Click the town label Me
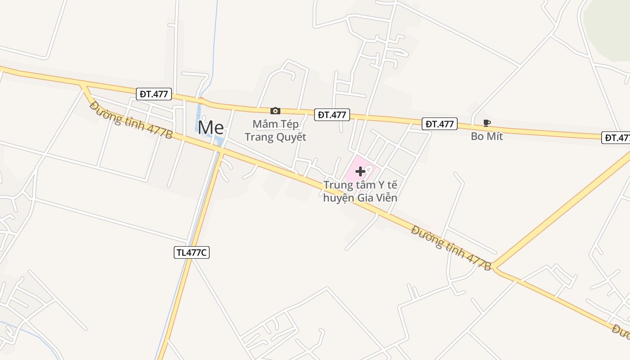[x=211, y=128]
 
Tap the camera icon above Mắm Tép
[x=275, y=111]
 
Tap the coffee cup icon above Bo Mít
[x=486, y=123]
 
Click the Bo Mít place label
[x=487, y=136]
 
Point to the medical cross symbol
[x=360, y=171]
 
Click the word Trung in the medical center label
[x=337, y=184]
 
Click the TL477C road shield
[x=192, y=252]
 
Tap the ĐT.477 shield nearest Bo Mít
[x=440, y=124]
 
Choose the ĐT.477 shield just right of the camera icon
[x=332, y=115]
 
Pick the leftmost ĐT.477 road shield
[x=154, y=94]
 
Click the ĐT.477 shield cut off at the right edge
[x=616, y=138]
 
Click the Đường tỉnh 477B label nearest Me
[x=131, y=120]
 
